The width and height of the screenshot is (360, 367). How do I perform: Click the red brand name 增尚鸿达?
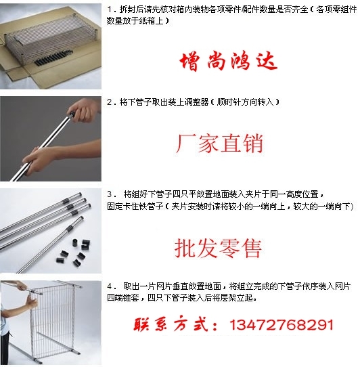pos(229,62)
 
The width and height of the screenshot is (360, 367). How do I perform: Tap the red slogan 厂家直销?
pos(220,144)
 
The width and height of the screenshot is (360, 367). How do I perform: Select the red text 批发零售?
pos(218,249)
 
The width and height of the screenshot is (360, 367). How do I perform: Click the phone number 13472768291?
pos(282,324)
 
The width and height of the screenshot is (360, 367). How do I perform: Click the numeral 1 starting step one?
pos(109,10)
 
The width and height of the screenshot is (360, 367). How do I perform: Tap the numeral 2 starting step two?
pos(110,102)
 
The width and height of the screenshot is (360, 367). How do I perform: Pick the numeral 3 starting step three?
pos(110,194)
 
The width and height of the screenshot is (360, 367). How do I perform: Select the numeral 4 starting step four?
pos(110,286)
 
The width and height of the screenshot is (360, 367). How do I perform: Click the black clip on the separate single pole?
pos(69,228)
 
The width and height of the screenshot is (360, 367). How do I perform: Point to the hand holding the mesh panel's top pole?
pos(22,286)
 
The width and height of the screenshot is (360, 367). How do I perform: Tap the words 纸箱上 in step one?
pos(151,21)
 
